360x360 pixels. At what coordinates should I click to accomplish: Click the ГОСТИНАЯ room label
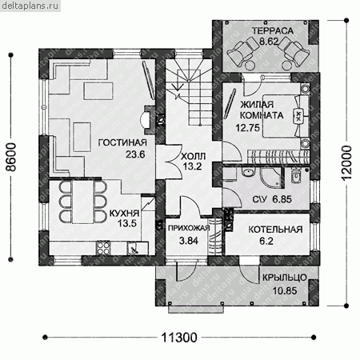(122, 142)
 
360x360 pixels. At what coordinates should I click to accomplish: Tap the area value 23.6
(135, 154)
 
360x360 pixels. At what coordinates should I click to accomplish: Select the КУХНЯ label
(124, 214)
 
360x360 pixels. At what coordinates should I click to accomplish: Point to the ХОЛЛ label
(194, 156)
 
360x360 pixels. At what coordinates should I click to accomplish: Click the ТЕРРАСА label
(273, 31)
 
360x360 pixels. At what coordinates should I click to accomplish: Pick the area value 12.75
(247, 128)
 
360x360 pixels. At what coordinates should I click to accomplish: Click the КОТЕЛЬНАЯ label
(275, 230)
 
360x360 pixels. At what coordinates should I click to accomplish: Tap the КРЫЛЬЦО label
(285, 278)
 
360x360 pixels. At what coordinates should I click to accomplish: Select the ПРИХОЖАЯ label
(189, 228)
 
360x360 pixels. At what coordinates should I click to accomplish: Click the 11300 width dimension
(179, 338)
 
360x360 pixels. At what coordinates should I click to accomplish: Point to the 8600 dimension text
(11, 157)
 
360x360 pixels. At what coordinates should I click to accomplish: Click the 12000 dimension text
(346, 163)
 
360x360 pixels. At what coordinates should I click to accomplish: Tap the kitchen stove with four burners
(103, 248)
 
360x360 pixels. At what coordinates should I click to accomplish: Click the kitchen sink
(133, 248)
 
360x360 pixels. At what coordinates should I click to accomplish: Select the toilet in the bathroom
(296, 175)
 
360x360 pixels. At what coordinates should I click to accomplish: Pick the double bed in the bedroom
(286, 116)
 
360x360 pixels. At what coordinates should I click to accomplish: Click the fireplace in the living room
(147, 120)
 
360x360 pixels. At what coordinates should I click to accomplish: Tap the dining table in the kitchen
(83, 202)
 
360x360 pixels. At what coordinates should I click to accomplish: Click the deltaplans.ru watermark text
(30, 6)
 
